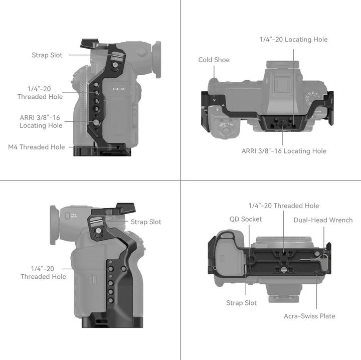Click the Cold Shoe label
pos(214,60)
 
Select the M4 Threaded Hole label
pos(37,147)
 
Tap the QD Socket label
pos(245,219)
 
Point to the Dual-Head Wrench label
pos(323,220)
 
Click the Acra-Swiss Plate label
pos(309,316)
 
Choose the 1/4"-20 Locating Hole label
pos(293,40)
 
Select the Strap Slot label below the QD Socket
pos(241,303)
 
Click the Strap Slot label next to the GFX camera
pos(47,55)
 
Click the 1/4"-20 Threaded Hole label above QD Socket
pos(283,206)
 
